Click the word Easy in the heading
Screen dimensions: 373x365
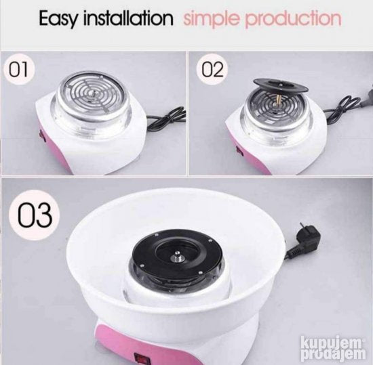tap(58, 19)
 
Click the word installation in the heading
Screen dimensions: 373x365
tap(128, 18)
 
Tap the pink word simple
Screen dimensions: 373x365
tap(211, 19)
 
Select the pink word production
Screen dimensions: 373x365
tap(293, 19)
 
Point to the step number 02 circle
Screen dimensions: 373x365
tap(212, 69)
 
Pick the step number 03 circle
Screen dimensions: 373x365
tap(34, 215)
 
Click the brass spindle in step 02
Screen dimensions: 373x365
tap(277, 99)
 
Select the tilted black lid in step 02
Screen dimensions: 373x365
tap(281, 85)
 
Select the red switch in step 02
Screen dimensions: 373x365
tap(239, 151)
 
